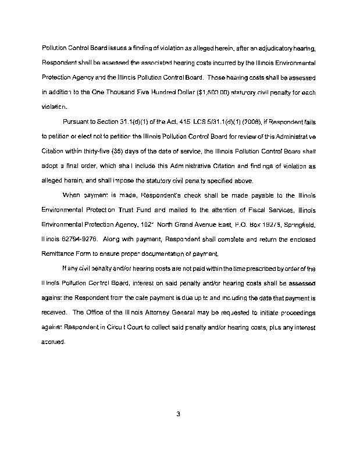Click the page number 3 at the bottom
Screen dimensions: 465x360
179,414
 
